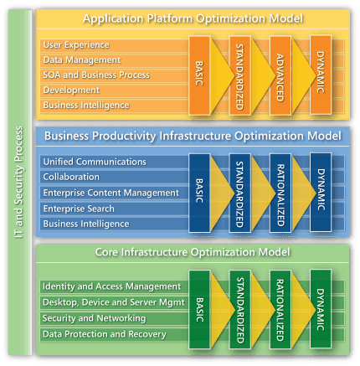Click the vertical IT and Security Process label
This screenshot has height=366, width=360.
(18, 183)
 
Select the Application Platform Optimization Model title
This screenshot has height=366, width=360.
(193, 18)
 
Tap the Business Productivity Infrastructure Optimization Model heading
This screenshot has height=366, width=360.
(193, 136)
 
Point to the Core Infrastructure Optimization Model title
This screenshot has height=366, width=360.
(193, 252)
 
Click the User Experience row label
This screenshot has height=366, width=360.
(76, 45)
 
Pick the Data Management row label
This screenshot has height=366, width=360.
(82, 59)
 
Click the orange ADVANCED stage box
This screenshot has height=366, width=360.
(280, 75)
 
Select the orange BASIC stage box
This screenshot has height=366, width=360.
(199, 75)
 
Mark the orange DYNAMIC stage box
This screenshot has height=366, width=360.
(321, 75)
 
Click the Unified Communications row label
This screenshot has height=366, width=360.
(95, 162)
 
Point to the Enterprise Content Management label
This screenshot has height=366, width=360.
(111, 193)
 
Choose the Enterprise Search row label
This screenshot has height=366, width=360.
(79, 209)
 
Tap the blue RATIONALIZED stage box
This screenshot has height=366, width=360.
(280, 193)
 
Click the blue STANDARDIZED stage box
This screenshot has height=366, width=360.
(239, 193)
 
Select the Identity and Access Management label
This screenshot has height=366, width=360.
(111, 286)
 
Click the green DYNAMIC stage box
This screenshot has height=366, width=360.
(321, 309)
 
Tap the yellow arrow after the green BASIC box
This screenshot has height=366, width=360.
(222, 310)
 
